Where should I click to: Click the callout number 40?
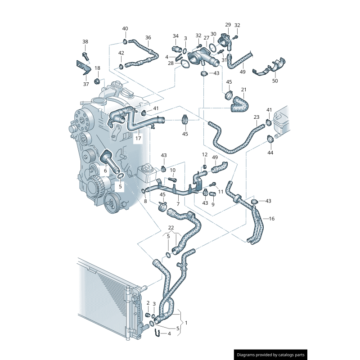click(125, 29)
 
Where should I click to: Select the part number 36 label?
click(148, 37)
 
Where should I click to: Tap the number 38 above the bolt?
click(85, 42)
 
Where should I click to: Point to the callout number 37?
click(85, 84)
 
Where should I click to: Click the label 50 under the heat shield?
click(275, 81)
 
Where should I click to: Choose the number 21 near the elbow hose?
click(243, 90)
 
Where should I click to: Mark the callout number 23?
click(256, 117)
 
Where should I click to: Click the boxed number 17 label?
click(138, 138)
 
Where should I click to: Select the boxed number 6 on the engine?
click(105, 171)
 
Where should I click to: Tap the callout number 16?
click(271, 219)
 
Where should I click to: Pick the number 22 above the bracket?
click(171, 227)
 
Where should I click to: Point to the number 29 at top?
click(228, 25)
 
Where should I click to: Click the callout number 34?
click(175, 36)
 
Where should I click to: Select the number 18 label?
click(97, 68)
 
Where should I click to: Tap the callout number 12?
click(205, 154)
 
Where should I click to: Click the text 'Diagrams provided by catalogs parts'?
click(270, 355)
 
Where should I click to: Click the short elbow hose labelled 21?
click(238, 105)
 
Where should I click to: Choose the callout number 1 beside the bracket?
click(186, 323)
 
